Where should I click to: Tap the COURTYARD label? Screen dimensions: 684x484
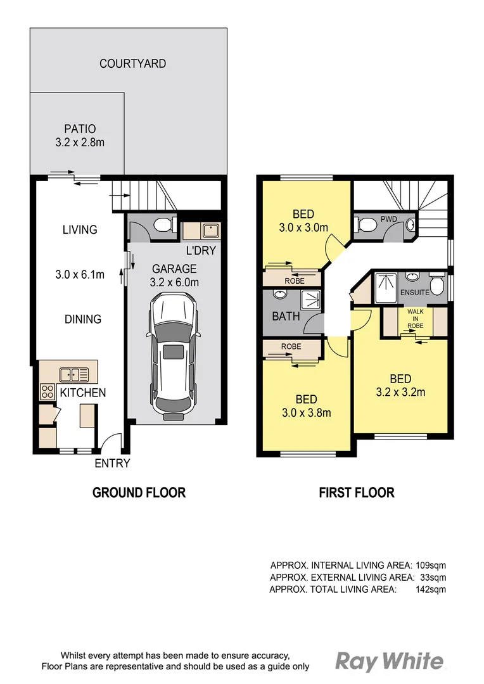click(132, 63)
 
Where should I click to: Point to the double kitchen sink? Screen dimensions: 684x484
click(73, 374)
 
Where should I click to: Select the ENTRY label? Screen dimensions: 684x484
click(112, 463)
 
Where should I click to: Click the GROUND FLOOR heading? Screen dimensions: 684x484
click(139, 493)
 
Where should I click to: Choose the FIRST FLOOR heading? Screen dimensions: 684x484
click(356, 493)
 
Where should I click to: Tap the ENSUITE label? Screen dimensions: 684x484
click(415, 293)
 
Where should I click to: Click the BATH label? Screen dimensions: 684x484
click(286, 316)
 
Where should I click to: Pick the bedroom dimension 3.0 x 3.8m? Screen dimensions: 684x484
click(307, 414)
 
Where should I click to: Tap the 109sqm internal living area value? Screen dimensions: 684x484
click(431, 565)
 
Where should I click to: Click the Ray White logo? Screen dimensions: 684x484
click(389, 662)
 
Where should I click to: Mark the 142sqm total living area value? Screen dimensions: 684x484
click(431, 589)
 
